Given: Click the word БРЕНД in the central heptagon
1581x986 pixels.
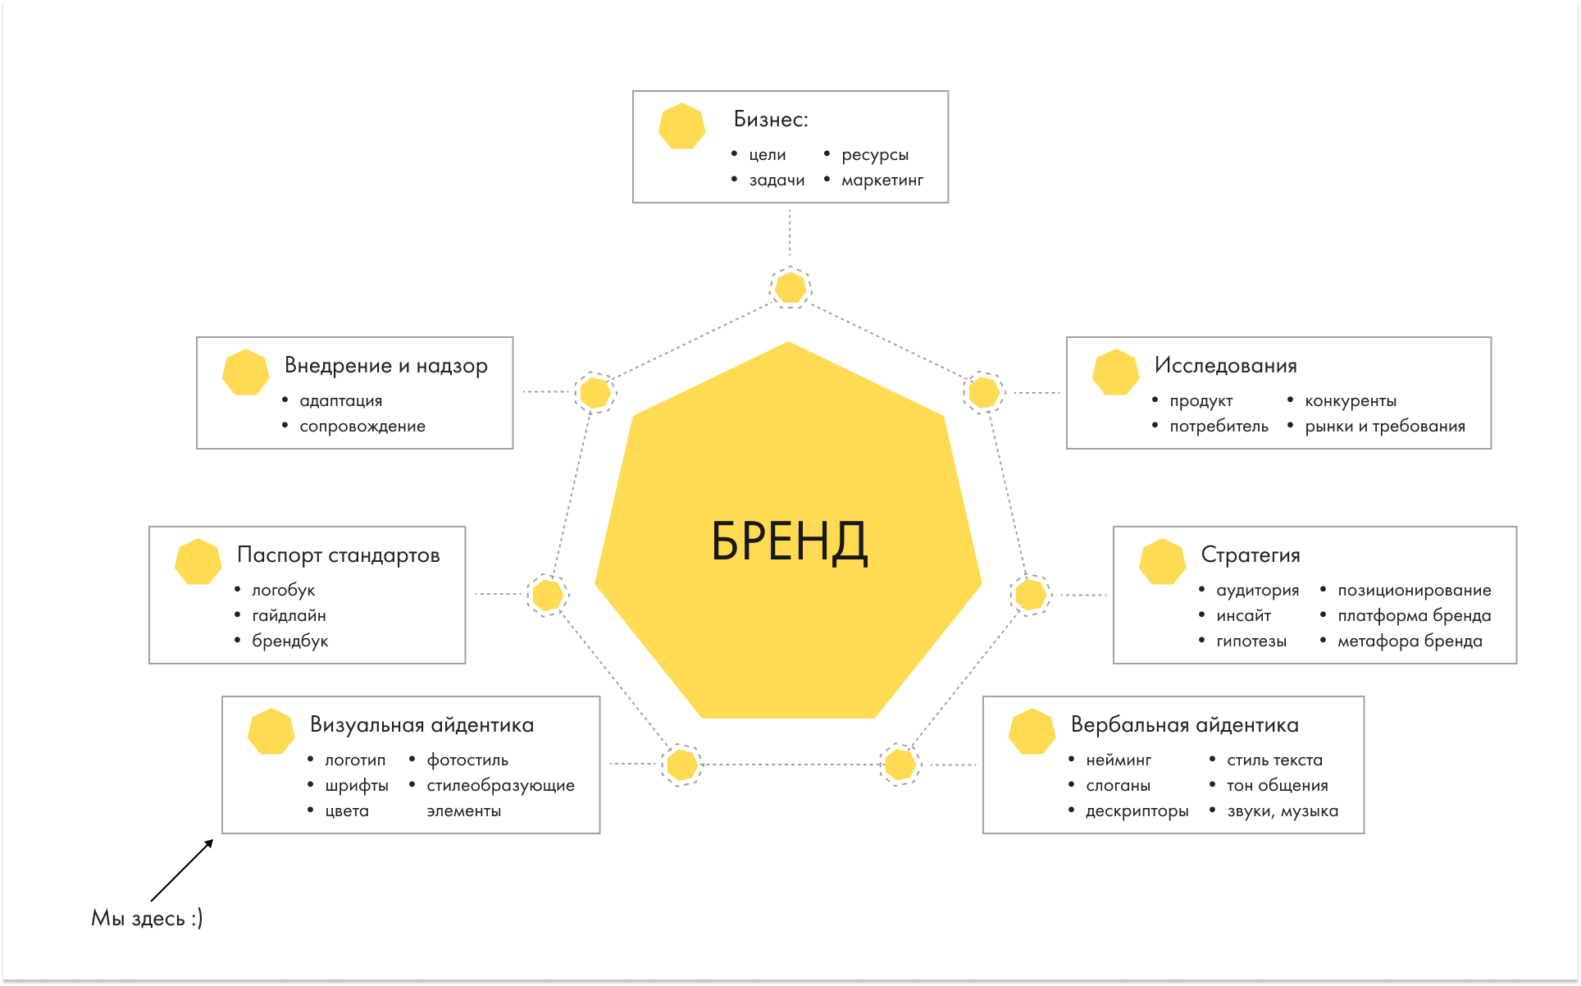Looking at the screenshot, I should pos(788,541).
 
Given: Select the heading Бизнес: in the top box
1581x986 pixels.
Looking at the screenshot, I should pos(770,120).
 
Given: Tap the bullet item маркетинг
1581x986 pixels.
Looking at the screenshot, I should pos(882,180).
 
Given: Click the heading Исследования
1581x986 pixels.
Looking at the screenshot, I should pos(1225,366).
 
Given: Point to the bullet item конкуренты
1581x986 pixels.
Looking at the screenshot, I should pos(1350,401).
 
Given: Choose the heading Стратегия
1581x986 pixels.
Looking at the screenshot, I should pos(1250,555).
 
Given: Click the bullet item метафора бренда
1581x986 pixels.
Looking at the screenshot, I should pos(1409,641).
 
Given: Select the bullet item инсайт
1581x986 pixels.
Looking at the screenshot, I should pos(1243,616).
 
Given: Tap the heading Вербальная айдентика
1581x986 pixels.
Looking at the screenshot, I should pos(1184,725).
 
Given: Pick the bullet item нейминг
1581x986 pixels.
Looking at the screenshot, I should pos(1118,760).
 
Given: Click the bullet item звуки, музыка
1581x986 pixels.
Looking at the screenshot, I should pos(1282,811).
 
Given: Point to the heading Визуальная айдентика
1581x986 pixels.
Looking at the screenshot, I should pos(421,725).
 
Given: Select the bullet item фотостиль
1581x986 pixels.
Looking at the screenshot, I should pos(467,760).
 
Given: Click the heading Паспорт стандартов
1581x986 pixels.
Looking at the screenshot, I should pos(338,555).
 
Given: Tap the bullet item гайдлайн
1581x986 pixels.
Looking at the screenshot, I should pos(289,616).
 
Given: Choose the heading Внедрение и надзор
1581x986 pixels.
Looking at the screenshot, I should pos(385,366).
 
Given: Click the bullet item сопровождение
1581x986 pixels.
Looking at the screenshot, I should pos(362,427).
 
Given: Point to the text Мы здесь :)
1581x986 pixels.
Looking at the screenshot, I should pos(147,918).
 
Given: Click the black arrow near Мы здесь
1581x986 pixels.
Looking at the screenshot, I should pos(182,870).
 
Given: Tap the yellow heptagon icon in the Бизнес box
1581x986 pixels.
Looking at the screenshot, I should pos(681,126).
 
